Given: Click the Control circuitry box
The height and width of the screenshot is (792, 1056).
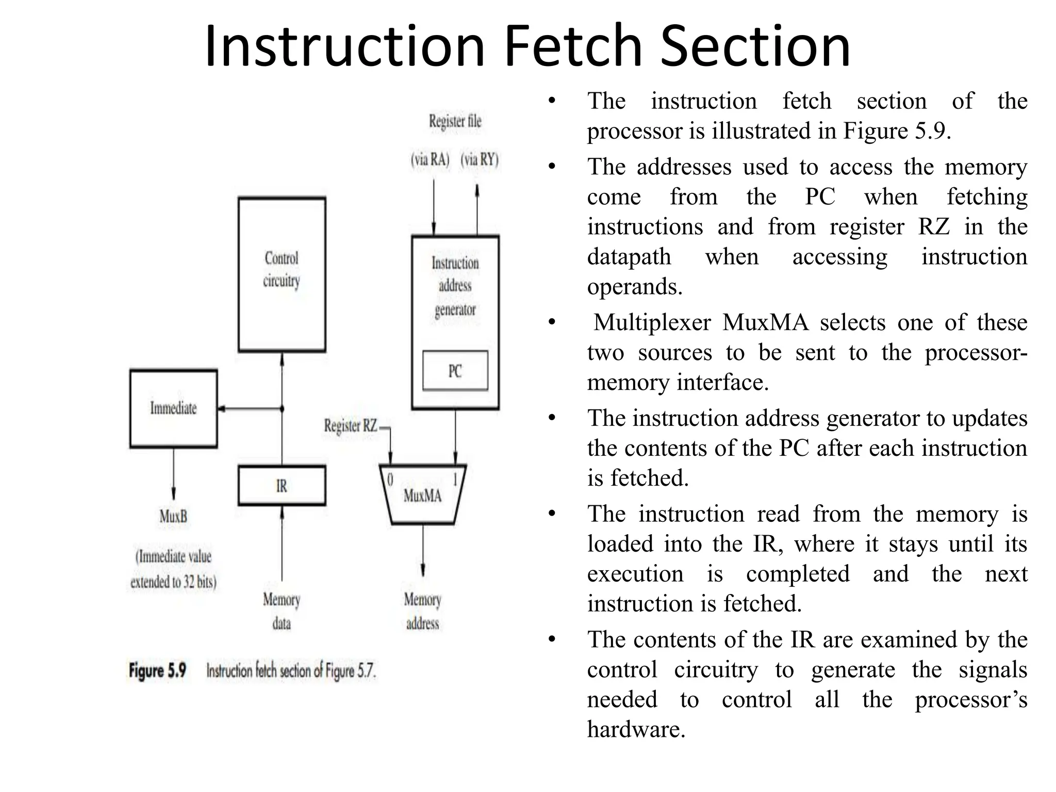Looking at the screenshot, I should (x=282, y=274).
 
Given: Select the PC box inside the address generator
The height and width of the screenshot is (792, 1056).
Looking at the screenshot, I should (x=455, y=371).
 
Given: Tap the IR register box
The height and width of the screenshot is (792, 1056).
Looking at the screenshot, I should (x=282, y=486).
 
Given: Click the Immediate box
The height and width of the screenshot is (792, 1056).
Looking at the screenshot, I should (x=173, y=408).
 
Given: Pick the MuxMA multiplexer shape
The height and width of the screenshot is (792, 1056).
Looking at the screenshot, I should (x=422, y=496).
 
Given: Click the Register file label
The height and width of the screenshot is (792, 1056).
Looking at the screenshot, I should (x=455, y=122).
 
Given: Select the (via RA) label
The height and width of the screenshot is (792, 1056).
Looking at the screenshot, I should (x=430, y=159).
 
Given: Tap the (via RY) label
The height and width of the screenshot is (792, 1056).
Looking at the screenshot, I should (x=480, y=159).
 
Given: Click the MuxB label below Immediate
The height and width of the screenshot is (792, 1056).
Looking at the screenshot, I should (x=173, y=516).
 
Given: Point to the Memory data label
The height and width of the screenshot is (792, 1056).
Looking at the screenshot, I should (x=282, y=611).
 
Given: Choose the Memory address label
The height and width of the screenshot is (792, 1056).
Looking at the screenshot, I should (x=422, y=611).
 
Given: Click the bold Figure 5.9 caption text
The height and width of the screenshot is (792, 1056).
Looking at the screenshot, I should (x=157, y=670).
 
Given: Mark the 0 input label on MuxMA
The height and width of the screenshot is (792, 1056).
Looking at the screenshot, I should (x=390, y=480).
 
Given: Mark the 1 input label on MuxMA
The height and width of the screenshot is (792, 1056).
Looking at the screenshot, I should (x=455, y=480).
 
